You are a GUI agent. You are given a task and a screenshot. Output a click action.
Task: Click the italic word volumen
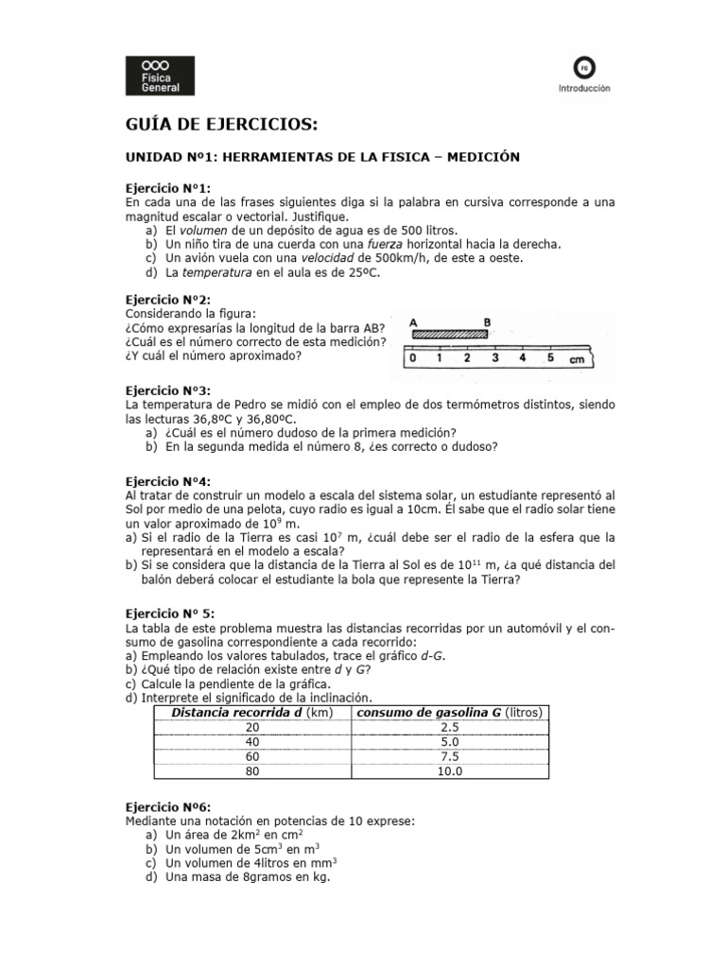point(205,230)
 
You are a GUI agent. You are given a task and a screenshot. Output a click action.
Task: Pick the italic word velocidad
point(330,257)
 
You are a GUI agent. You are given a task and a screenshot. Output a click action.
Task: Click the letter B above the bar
point(488,321)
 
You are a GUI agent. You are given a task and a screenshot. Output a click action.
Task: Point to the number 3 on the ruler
point(494,358)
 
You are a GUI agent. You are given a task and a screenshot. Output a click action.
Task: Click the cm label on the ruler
point(578,360)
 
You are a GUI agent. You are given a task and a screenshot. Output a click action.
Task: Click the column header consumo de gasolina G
point(449,712)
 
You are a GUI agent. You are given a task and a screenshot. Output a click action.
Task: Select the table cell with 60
point(251,756)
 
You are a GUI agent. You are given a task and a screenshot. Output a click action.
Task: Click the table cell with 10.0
point(450,771)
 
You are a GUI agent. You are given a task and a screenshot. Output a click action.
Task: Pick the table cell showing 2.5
point(450,727)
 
